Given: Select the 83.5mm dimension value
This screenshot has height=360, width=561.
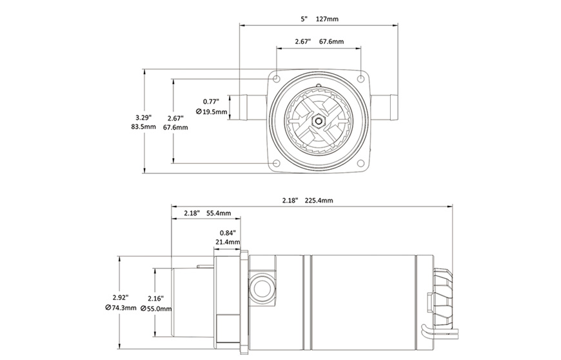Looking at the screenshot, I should (x=143, y=126).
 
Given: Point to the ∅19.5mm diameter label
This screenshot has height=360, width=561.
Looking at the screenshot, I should (x=212, y=112).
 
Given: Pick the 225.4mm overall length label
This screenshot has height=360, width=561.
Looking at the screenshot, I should (x=319, y=201).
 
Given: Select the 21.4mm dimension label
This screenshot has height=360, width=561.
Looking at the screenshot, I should (x=227, y=242).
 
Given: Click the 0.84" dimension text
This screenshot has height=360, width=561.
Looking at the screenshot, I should (x=227, y=232).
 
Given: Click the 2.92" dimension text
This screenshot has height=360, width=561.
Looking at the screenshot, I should (x=121, y=297).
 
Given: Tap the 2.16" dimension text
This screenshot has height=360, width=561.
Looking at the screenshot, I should (x=155, y=299).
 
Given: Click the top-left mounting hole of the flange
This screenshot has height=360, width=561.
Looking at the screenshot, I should (x=277, y=78).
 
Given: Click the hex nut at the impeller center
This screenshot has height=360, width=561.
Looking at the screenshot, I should (x=319, y=120).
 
